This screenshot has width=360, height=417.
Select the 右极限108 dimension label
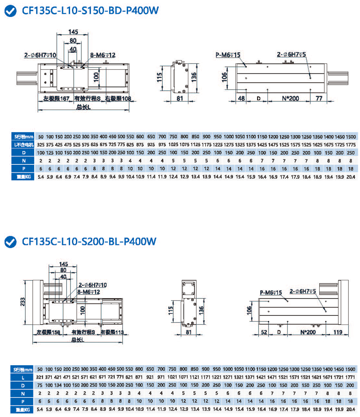(118, 99)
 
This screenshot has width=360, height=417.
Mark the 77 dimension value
(318, 98)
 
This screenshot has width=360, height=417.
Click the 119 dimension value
(337, 332)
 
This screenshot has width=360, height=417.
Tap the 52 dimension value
(264, 332)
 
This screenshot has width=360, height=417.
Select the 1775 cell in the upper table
(350, 145)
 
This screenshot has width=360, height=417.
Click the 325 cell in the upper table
(40, 145)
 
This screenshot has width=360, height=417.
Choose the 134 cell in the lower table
(58, 385)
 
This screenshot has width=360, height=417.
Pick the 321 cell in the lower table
(40, 377)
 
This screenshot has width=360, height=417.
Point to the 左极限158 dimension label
(47, 332)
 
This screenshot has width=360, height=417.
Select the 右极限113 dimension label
(112, 332)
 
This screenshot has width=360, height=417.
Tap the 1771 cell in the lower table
(350, 377)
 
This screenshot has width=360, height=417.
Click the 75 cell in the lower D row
(40, 385)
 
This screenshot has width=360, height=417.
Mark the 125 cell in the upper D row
(49, 153)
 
